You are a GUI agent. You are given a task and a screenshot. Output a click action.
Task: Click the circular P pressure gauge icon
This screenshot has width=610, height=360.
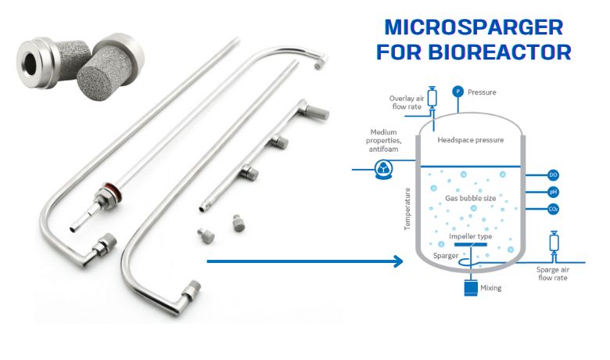coord(457,92)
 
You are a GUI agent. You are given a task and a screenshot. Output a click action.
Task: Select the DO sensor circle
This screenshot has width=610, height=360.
coord(553,175)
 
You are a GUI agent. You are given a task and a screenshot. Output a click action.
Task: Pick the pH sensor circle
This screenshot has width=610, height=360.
coord(553,192)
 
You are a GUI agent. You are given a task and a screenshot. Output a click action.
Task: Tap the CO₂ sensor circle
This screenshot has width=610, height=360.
coord(553,209)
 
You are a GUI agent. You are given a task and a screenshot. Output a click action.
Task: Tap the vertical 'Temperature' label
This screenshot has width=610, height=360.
coord(407,208)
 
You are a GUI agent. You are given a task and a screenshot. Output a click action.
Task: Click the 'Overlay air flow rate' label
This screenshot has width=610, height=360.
coord(407,103)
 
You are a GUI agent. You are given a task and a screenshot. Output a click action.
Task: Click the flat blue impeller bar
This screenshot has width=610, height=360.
coord(470,245)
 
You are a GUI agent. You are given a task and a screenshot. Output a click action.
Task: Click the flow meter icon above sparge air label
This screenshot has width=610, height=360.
coord(554,243)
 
